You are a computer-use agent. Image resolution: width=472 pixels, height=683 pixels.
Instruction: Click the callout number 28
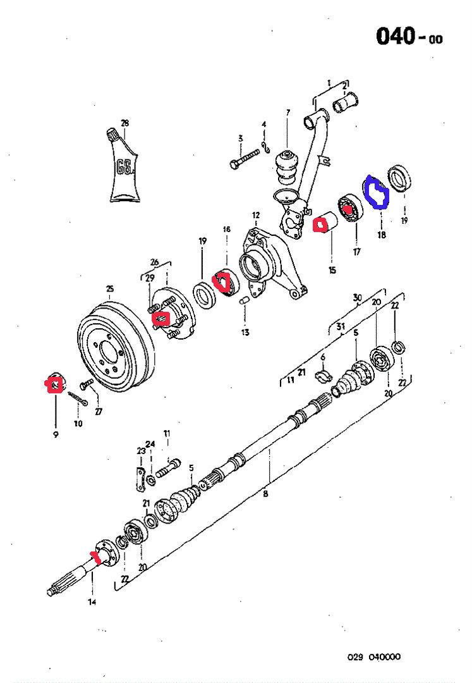124,123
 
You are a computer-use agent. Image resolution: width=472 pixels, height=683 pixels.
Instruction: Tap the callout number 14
92,602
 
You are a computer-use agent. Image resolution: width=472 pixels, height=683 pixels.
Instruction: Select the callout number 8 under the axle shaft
265,493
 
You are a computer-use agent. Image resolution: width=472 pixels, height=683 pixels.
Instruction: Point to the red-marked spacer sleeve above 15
325,224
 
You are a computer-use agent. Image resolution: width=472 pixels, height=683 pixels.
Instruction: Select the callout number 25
109,290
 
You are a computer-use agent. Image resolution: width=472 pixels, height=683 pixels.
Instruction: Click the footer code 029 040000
373,657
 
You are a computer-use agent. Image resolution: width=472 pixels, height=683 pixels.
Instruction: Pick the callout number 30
358,297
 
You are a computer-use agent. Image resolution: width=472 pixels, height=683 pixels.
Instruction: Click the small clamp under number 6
322,377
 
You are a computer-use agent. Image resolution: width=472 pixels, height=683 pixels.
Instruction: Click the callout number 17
357,252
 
